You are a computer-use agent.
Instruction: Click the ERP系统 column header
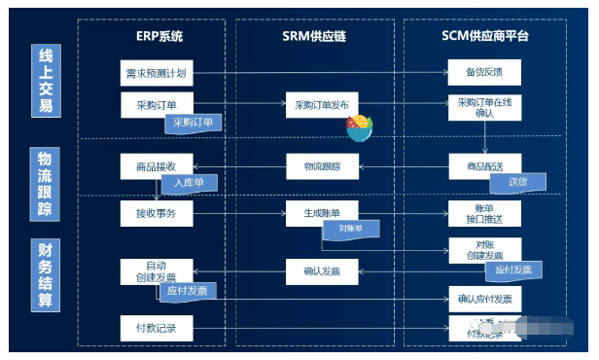point(159,36)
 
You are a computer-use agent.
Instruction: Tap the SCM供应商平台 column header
point(485,36)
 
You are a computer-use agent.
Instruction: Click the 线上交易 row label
point(45,82)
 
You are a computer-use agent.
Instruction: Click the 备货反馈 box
point(484,73)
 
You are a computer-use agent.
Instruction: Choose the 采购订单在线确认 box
point(484,107)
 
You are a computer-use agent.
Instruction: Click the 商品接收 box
point(156,166)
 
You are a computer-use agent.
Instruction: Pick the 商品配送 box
point(484,166)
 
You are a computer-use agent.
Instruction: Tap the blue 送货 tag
point(517,182)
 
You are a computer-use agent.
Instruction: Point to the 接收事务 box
point(156,212)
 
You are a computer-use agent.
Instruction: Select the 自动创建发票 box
point(156,271)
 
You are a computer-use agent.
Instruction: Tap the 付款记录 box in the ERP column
point(156,327)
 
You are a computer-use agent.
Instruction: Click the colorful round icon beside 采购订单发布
point(359,126)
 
